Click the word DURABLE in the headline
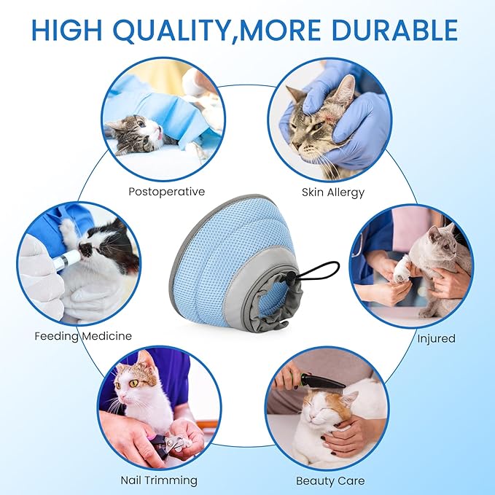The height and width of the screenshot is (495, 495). tap(394, 30)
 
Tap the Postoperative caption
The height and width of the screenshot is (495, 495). tap(166, 192)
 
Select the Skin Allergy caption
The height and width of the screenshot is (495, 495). tap(332, 193)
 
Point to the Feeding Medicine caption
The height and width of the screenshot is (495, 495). tap(83, 336)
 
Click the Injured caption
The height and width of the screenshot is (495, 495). tap(436, 338)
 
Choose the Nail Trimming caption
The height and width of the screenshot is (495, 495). tap(158, 480)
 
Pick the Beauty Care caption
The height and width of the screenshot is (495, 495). tap(330, 481)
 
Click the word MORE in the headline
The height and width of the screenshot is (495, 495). tap(281, 30)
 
